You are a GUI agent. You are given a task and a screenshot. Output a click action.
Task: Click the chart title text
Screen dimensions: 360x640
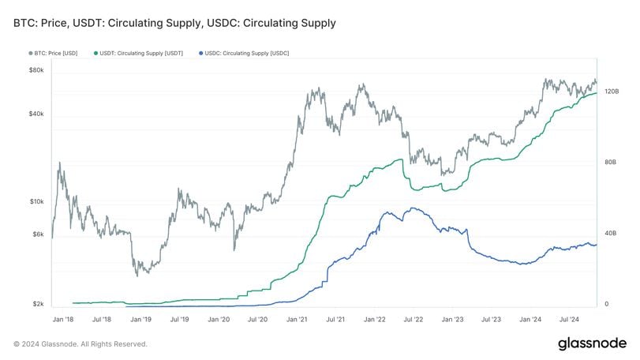click(174, 23)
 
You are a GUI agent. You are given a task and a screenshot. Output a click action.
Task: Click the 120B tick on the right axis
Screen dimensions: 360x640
click(611, 92)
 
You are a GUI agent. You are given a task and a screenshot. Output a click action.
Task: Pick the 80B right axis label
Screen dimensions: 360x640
click(610, 162)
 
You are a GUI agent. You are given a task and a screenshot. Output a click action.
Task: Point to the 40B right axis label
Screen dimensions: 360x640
click(610, 233)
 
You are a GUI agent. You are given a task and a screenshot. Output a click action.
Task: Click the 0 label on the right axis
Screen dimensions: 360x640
click(605, 304)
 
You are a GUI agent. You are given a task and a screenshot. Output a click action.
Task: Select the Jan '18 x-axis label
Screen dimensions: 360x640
click(62, 319)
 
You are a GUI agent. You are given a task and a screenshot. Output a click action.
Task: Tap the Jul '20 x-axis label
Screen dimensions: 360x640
click(257, 319)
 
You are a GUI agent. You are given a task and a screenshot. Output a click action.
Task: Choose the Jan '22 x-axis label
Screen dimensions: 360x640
click(375, 319)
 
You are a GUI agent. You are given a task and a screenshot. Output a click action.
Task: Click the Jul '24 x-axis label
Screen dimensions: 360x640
click(570, 319)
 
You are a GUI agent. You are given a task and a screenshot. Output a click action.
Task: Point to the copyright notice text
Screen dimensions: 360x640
click(80, 343)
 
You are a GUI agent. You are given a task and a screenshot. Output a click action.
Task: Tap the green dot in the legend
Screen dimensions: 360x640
click(95, 53)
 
